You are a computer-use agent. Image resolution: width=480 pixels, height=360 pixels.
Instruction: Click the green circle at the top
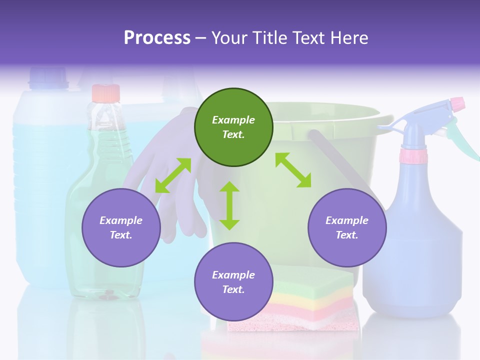click(233, 127)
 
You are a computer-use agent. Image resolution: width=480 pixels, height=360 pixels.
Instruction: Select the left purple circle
click(121, 227)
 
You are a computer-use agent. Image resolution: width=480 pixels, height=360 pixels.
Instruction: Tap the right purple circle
click(347, 227)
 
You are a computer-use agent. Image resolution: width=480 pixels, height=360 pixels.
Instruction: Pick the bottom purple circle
click(233, 282)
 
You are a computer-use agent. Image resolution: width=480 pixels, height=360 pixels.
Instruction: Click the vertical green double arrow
click(229, 205)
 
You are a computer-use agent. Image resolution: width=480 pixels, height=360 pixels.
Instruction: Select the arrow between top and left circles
click(173, 175)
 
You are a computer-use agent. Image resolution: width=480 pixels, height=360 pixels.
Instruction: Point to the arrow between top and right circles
click(293, 170)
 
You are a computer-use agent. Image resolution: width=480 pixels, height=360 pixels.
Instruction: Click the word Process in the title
click(157, 38)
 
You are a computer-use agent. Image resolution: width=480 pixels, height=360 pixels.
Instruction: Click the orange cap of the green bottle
click(105, 93)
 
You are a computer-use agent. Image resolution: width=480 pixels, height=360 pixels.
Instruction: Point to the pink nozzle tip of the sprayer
click(457, 104)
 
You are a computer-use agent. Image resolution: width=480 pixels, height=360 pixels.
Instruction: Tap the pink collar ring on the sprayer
click(413, 156)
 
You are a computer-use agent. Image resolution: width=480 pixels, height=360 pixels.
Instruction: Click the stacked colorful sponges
click(295, 300)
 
